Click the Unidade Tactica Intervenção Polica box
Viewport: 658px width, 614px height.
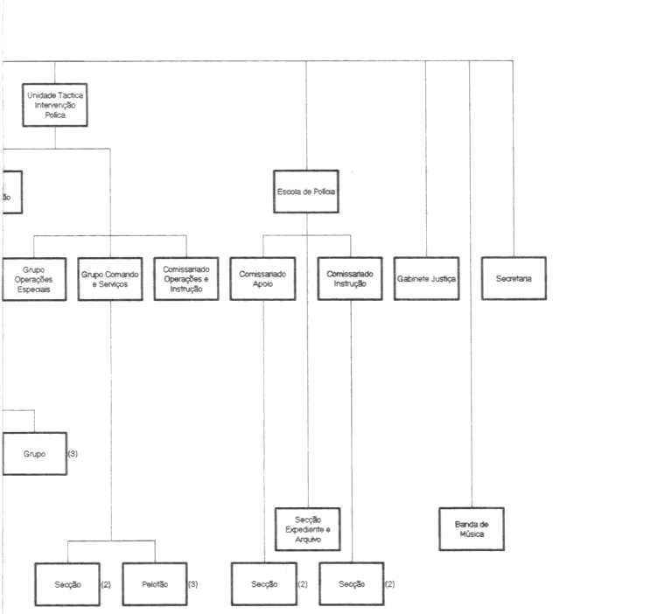[x=55, y=104]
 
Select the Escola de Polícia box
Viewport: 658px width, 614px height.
[x=306, y=192]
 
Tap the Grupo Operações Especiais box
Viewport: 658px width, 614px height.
[x=34, y=278]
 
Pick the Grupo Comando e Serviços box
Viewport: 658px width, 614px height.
[x=110, y=278]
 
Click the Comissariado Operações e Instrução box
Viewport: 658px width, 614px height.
[x=186, y=278]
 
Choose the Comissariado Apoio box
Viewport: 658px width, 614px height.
[x=263, y=278]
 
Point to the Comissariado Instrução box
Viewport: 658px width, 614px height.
[x=350, y=278]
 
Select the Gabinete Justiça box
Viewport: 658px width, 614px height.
[x=426, y=278]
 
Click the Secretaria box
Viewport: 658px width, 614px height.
[x=514, y=278]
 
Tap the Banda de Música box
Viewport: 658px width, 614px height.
[x=472, y=529]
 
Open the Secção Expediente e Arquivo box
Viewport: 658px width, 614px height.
[x=307, y=529]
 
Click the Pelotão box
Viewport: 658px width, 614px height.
[x=153, y=583]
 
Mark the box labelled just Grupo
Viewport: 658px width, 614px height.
[x=34, y=453]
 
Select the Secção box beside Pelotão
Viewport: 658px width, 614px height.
[x=67, y=583]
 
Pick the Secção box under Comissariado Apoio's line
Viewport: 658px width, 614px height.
[x=263, y=583]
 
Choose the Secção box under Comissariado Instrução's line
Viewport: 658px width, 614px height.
[x=350, y=583]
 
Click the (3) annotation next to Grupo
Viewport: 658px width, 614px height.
[x=73, y=453]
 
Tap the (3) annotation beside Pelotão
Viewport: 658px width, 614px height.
[x=193, y=583]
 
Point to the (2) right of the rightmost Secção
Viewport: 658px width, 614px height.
[x=390, y=583]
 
